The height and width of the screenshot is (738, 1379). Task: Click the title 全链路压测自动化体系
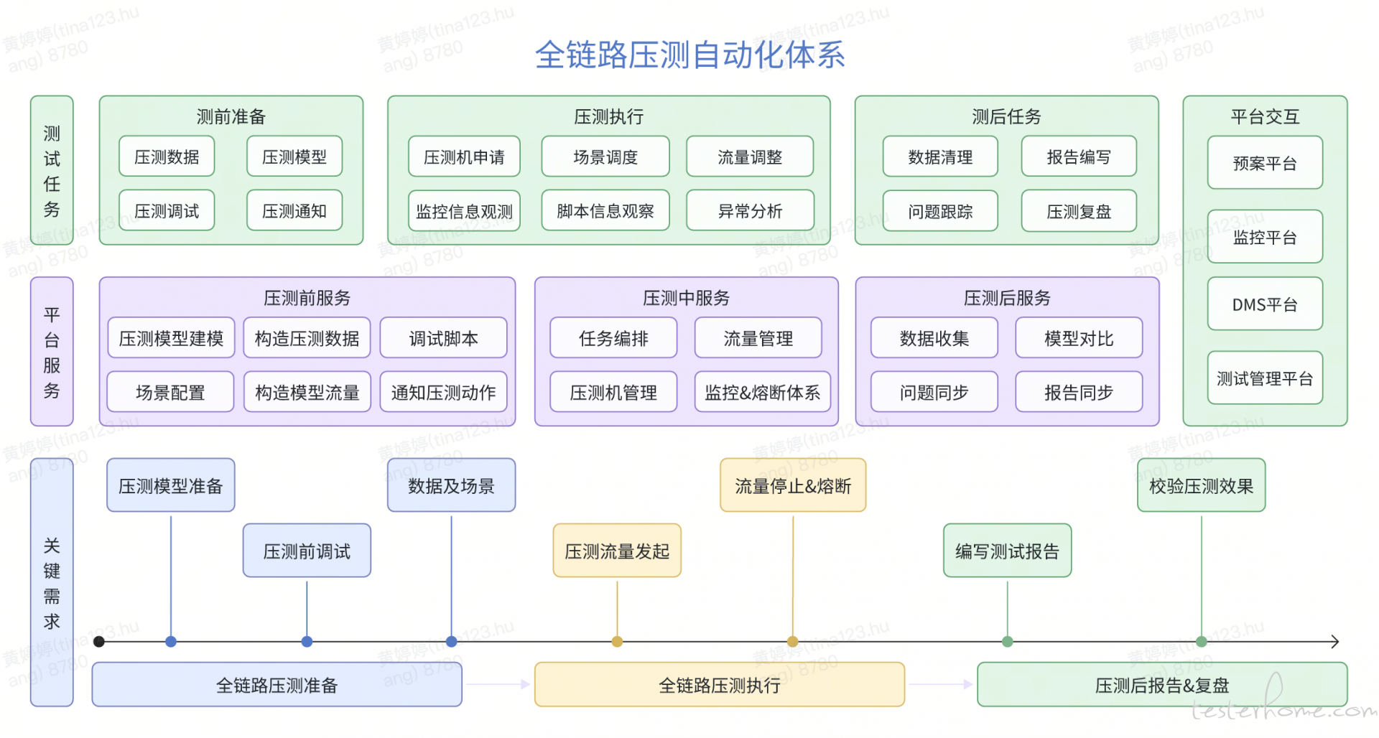pyautogui.click(x=689, y=55)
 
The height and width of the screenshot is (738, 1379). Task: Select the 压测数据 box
pyautogui.click(x=167, y=157)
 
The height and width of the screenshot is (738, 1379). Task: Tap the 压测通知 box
pyautogui.click(x=294, y=211)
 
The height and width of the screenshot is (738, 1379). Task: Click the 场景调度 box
pyautogui.click(x=605, y=157)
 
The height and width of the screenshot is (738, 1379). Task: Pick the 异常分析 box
pyautogui.click(x=751, y=211)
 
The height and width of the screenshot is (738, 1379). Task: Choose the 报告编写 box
pyautogui.click(x=1079, y=157)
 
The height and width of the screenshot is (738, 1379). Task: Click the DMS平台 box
pyautogui.click(x=1265, y=304)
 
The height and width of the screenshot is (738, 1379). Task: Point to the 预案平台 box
pyautogui.click(x=1265, y=163)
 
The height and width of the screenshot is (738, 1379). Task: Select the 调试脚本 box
pyautogui.click(x=443, y=338)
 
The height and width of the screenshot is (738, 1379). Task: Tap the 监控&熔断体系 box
pyautogui.click(x=763, y=392)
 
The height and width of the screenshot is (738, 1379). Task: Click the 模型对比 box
pyautogui.click(x=1079, y=338)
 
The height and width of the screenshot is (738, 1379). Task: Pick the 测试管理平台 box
pyautogui.click(x=1265, y=378)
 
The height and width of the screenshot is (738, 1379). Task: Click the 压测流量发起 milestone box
pyautogui.click(x=617, y=551)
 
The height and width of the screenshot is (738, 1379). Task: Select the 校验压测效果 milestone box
pyautogui.click(x=1201, y=485)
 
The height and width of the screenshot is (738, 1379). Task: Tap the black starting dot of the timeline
pyautogui.click(x=99, y=642)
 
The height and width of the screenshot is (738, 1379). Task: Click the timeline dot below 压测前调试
pyautogui.click(x=307, y=642)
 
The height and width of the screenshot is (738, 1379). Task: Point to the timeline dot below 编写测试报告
pyautogui.click(x=1008, y=642)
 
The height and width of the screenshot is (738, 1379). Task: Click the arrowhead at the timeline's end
pyautogui.click(x=1336, y=642)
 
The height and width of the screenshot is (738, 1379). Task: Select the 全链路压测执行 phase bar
pyautogui.click(x=720, y=685)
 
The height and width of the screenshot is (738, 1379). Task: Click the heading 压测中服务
pyautogui.click(x=686, y=298)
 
